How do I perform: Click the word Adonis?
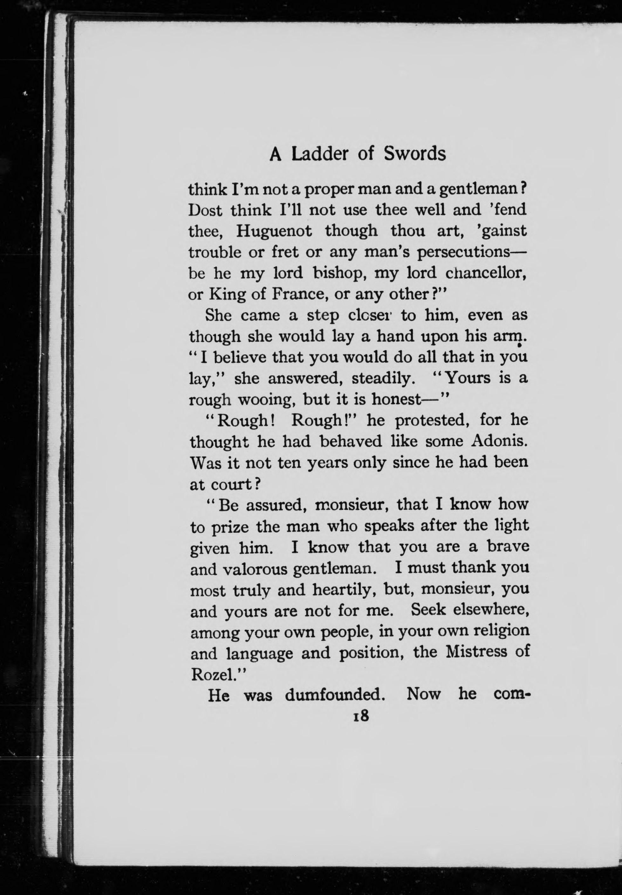coord(499,441)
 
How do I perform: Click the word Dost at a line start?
coord(205,210)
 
